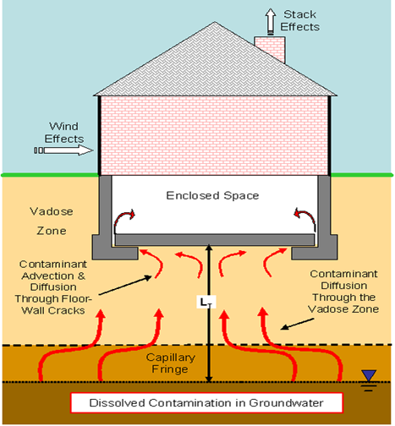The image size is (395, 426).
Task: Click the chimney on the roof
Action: tap(270, 49)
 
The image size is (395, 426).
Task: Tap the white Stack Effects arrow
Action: tap(271, 21)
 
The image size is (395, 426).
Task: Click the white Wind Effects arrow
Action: tap(63, 150)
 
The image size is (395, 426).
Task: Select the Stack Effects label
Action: tap(299, 20)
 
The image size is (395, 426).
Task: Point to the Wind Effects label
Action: tap(64, 133)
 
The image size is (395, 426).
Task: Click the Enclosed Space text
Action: tap(212, 195)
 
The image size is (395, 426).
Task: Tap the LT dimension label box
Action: tap(206, 302)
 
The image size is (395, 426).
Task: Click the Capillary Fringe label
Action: tap(170, 363)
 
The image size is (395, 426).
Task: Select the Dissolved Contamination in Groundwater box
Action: tap(206, 402)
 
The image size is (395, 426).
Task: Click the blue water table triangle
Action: tap(369, 375)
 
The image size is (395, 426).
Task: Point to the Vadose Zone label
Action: tap(52, 221)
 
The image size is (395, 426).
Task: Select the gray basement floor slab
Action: tap(215, 239)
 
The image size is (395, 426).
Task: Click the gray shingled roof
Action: tap(215, 65)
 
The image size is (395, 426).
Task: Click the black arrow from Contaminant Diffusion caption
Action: tap(298, 324)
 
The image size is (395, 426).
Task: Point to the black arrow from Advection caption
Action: tap(125, 285)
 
